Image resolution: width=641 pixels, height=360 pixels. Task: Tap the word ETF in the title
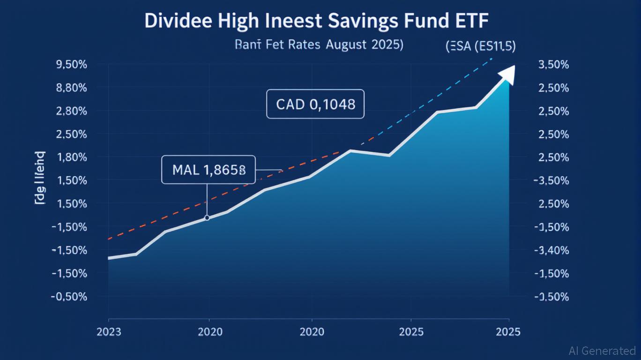point(471,22)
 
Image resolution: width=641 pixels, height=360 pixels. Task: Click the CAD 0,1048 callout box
point(315,104)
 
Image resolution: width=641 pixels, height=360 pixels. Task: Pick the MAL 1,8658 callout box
point(209,170)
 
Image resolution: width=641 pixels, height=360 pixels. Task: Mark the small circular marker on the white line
point(207,217)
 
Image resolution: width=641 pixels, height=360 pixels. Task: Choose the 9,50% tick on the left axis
point(71,65)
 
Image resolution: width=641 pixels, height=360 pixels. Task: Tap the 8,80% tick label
point(71,88)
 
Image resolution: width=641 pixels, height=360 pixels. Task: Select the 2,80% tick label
point(71,111)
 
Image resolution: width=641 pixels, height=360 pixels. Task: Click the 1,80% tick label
point(71,157)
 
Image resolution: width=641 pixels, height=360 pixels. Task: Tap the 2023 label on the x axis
point(108,332)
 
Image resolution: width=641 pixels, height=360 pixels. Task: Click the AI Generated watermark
point(602,351)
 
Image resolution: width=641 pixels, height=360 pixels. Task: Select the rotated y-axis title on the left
point(40,179)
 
